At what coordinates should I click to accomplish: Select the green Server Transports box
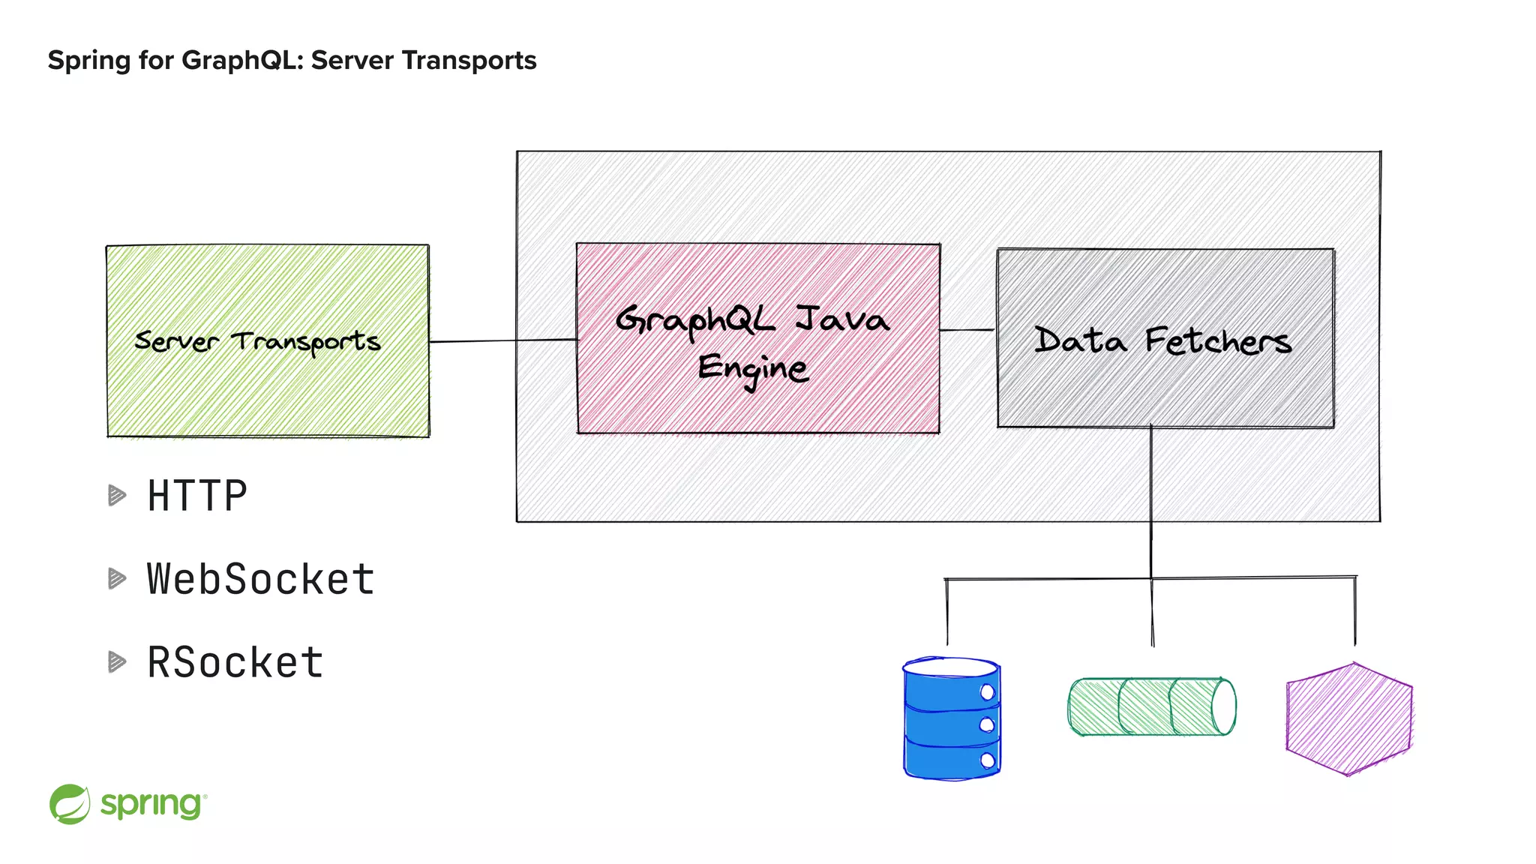coord(268,390)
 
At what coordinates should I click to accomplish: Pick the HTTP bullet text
coord(197,496)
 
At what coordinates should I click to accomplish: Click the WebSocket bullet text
coord(260,579)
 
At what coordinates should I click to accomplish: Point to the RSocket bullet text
coord(235,662)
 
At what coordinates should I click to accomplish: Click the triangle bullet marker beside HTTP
coord(117,496)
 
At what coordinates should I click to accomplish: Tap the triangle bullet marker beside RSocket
coord(117,661)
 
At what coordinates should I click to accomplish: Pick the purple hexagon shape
coord(1348,718)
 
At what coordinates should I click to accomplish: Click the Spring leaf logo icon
coord(70,804)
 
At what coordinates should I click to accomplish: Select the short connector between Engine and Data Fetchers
coord(967,329)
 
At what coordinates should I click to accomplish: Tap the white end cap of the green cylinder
coord(1223,706)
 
